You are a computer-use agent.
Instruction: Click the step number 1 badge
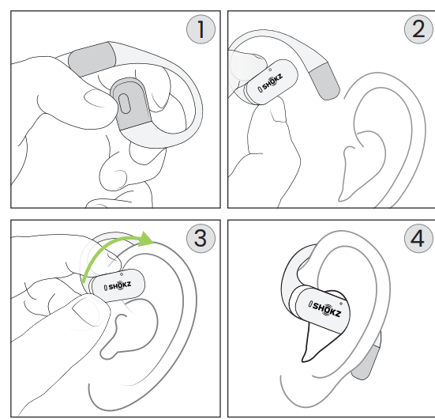coord(201,29)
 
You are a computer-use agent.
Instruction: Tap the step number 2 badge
coord(418,29)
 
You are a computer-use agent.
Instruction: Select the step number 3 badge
coord(201,238)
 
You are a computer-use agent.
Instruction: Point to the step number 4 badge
coord(418,238)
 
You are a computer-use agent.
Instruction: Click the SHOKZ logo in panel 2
coord(270,82)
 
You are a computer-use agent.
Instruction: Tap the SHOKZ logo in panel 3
coord(118,285)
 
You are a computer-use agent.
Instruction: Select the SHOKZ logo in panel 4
coord(324,308)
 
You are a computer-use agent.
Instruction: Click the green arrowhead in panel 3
coord(145,239)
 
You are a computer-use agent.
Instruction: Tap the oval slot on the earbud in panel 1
coord(124,104)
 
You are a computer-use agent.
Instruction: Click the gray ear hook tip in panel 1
coord(92,59)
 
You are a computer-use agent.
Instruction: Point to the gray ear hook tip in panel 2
coord(324,81)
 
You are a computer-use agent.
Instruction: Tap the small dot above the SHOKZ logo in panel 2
coord(270,70)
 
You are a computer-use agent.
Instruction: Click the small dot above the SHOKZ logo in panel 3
coord(122,274)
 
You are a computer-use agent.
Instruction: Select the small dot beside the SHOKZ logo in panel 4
coord(341,304)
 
